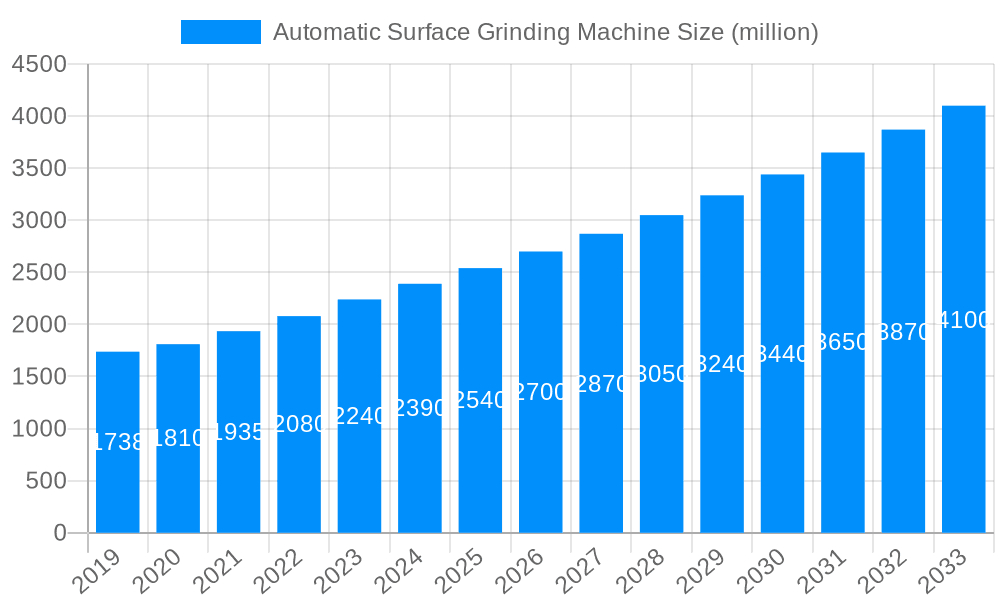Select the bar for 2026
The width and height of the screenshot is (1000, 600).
(541, 450)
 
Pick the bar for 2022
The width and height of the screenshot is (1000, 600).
(299, 470)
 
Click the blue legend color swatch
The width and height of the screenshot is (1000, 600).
(220, 32)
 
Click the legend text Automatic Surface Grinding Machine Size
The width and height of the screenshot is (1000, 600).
(546, 32)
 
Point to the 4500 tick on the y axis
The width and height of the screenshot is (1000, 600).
(39, 65)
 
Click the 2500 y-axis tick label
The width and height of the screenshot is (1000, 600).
(39, 273)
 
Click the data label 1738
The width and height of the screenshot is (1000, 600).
(118, 442)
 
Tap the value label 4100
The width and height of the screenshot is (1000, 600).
(964, 320)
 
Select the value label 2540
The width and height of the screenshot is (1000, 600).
(481, 400)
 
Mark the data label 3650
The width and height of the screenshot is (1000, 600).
(843, 342)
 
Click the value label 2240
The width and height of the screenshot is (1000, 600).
(360, 416)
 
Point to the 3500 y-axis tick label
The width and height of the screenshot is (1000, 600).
(39, 169)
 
